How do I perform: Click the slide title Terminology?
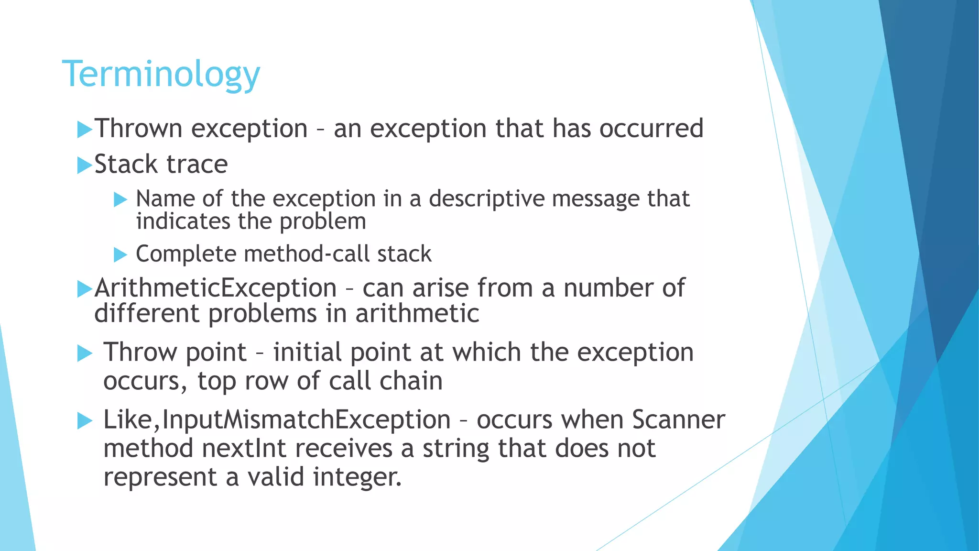click(161, 74)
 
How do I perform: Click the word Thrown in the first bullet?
click(139, 128)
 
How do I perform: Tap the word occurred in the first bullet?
click(651, 128)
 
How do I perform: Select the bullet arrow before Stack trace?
click(84, 165)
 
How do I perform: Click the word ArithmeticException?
click(216, 288)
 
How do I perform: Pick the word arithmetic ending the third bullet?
click(417, 314)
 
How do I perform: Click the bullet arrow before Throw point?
click(85, 354)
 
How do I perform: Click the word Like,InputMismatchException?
click(277, 420)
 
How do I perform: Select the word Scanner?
click(678, 420)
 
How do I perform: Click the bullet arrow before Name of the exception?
click(120, 199)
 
